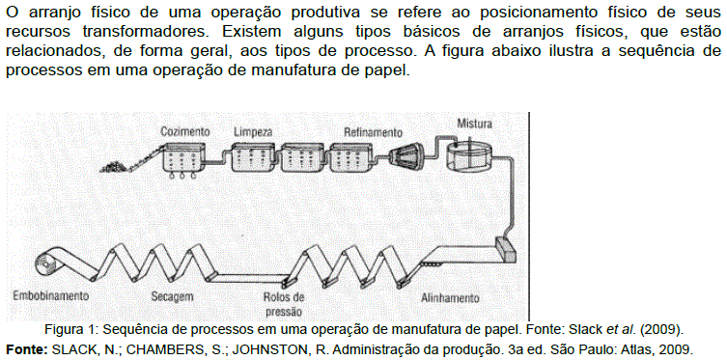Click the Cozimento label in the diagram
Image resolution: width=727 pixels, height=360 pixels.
click(x=185, y=131)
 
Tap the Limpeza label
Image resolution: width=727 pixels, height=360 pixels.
click(x=253, y=132)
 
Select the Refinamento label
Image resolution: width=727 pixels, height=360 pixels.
click(x=373, y=132)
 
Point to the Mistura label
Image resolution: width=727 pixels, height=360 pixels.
click(x=474, y=124)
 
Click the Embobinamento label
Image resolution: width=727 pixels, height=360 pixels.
click(x=51, y=295)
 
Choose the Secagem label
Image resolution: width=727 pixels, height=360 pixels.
click(x=172, y=296)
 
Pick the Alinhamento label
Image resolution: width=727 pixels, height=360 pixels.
click(x=450, y=297)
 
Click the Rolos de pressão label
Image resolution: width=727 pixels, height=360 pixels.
click(x=283, y=303)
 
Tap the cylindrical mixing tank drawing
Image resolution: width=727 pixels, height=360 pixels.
click(x=468, y=155)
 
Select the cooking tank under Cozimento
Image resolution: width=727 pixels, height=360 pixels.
click(x=183, y=160)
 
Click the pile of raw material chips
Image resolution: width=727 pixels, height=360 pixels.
click(x=114, y=166)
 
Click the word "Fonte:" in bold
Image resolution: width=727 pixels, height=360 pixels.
click(x=23, y=347)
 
